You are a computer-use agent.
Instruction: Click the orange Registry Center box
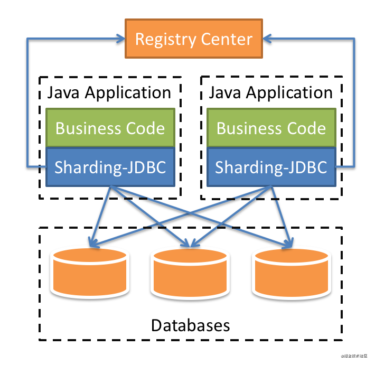pos(193,39)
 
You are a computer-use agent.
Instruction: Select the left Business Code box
pos(110,128)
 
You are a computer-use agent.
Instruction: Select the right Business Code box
pos(271,128)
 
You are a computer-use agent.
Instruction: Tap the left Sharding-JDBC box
pos(110,167)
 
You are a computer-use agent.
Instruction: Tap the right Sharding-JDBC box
pos(271,167)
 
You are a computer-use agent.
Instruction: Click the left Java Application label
pos(109,93)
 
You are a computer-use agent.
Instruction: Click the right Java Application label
pos(271,93)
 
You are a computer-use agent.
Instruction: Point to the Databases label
pos(191,324)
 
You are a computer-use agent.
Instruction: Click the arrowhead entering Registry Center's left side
pos(119,39)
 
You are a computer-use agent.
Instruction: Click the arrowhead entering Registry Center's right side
pos(268,39)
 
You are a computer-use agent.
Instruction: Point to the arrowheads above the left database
pos(93,244)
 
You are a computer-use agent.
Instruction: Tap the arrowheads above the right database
pos(287,244)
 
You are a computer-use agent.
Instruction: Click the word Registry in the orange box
pos(164,40)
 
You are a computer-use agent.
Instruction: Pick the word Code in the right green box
pos(306,128)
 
